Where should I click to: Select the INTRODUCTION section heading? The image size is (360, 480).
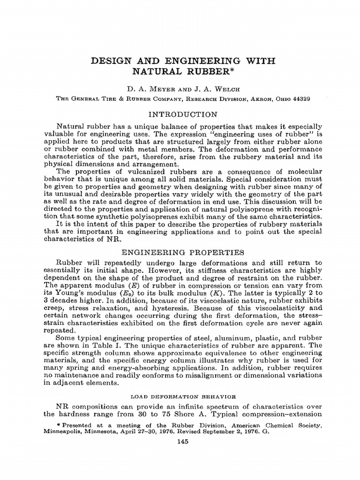coord(182,114)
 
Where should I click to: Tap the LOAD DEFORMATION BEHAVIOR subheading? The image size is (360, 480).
coord(182,396)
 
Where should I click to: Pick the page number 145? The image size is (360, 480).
coord(182,442)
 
